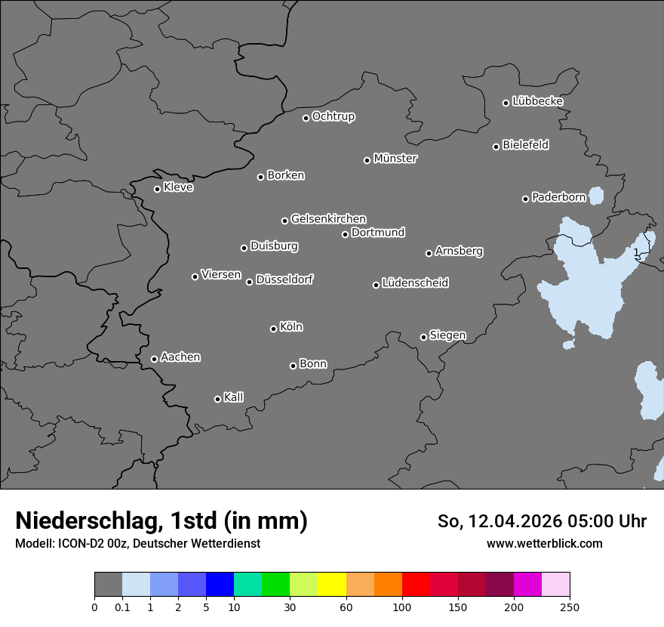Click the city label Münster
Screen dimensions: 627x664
point(395,159)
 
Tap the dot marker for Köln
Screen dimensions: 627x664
point(273,329)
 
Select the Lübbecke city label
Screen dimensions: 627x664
point(537,101)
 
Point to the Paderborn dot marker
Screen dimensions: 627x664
point(526,199)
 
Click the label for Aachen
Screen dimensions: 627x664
point(180,357)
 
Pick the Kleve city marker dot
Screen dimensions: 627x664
point(157,189)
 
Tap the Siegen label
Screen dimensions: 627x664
point(447,335)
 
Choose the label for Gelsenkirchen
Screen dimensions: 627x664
point(328,219)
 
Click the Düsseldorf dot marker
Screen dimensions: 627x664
point(249,282)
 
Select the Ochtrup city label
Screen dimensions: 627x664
point(334,116)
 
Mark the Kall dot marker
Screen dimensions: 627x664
point(217,399)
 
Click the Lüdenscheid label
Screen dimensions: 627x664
point(415,283)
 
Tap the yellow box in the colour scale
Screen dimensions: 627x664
point(332,585)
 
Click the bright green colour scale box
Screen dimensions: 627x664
point(276,585)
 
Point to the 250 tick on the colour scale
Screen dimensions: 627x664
point(570,607)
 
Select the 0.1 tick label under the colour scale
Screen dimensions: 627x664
point(122,607)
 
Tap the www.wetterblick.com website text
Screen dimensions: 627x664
point(545,543)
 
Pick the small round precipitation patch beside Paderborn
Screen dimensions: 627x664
point(596,196)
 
